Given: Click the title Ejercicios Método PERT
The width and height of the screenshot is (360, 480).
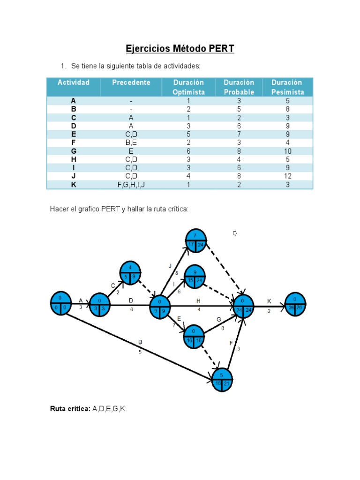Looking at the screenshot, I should (x=180, y=49).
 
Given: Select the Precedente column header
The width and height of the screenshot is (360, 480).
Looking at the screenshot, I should (x=131, y=82).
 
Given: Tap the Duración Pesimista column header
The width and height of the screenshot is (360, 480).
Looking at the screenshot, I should (x=287, y=87).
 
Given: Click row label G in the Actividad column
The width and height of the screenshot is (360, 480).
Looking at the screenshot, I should (x=73, y=151).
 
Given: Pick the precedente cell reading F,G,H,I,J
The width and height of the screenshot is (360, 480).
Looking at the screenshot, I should (x=131, y=185).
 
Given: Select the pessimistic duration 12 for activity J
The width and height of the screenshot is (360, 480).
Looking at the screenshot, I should (x=287, y=176).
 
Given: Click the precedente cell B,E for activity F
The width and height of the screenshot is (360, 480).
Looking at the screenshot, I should (x=131, y=142).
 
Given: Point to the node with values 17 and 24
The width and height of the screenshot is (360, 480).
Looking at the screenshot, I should (x=196, y=241).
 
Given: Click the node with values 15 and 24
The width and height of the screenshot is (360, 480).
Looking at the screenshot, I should (x=194, y=276).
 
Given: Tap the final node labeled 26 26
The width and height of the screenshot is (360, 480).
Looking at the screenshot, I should (x=295, y=304).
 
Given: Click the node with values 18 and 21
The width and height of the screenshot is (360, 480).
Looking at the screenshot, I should (x=222, y=379).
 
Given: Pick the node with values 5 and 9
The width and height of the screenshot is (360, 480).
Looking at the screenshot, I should (x=130, y=273).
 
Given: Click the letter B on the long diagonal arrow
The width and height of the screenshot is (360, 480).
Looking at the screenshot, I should (x=140, y=342).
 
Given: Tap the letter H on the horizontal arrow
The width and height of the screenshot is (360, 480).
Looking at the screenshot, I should (x=199, y=300).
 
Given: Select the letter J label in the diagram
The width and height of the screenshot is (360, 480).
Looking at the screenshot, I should (x=170, y=266).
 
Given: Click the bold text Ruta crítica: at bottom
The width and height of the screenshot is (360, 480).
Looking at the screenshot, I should (x=70, y=409).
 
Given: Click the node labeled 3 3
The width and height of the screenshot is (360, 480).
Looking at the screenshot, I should (x=99, y=305).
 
